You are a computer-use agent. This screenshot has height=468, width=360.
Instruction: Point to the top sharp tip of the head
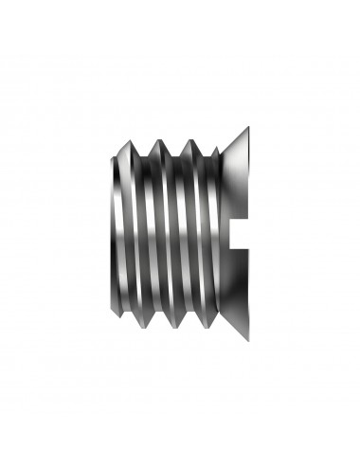click(248, 127)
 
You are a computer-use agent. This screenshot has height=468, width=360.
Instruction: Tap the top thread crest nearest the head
click(191, 139)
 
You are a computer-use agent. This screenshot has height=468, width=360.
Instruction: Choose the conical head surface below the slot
click(232, 279)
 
